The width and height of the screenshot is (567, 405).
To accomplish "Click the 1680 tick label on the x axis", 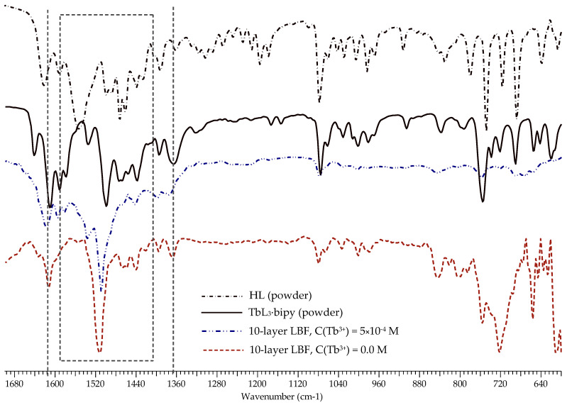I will pyautogui.click(x=14, y=383).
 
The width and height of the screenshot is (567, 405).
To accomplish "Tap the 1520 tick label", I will pyautogui.click(x=95, y=383).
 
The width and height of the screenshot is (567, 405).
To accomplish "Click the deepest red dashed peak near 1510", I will pyautogui.click(x=99, y=351).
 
